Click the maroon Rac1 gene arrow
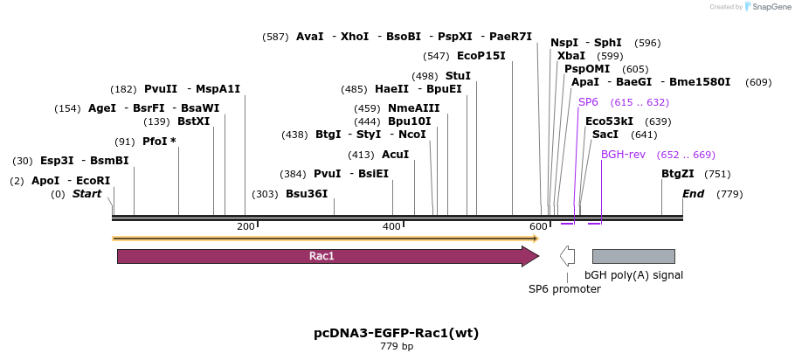(x=323, y=256)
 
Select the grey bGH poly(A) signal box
(x=633, y=256)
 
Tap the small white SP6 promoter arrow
(x=567, y=256)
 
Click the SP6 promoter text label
(x=564, y=288)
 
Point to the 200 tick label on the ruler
(x=245, y=227)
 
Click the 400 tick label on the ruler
(x=391, y=227)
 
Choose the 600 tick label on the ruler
(x=538, y=227)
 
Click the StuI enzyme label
(x=458, y=76)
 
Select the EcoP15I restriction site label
(x=480, y=56)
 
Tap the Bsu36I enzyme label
(x=307, y=194)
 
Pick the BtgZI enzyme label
(x=678, y=174)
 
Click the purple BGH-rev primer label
(x=623, y=154)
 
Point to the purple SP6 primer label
(x=588, y=102)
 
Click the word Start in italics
(x=86, y=194)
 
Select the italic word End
(x=693, y=194)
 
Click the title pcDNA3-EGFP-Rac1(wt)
(x=396, y=333)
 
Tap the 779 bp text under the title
(x=397, y=347)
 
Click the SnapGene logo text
(x=768, y=7)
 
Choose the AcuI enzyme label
(x=396, y=154)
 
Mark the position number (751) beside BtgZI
(x=717, y=174)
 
